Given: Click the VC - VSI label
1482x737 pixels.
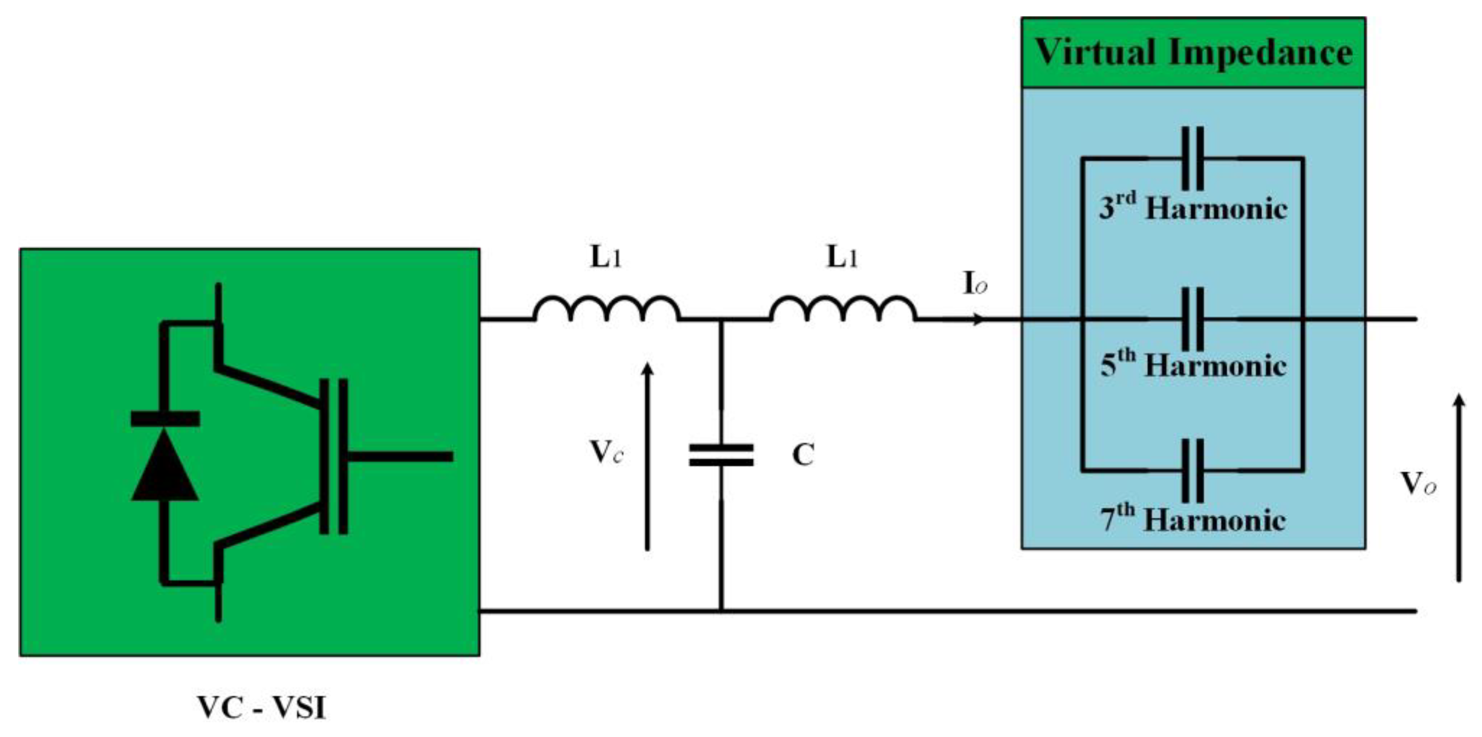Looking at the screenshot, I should pyautogui.click(x=262, y=707).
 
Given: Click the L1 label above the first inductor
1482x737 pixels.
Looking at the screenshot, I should pyautogui.click(x=605, y=258).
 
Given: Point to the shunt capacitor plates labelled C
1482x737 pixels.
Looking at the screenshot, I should pyautogui.click(x=721, y=455).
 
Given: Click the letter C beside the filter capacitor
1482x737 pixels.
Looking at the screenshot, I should pyautogui.click(x=803, y=455).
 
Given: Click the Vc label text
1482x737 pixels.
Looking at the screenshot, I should pyautogui.click(x=606, y=452).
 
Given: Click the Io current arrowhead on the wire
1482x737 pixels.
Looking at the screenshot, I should pyautogui.click(x=978, y=319).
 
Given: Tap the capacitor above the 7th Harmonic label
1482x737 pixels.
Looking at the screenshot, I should pyautogui.click(x=1192, y=470).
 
